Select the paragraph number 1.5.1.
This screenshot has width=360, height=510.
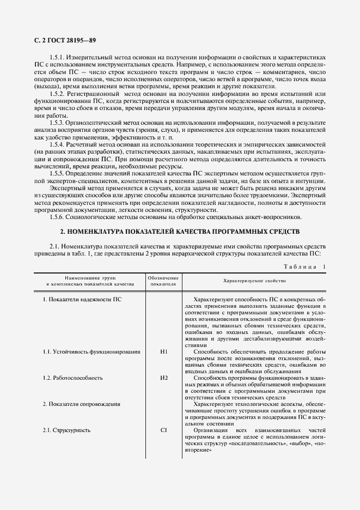click(58, 57)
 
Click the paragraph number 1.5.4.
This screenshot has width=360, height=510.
click(58, 144)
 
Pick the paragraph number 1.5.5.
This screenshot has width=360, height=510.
click(58, 172)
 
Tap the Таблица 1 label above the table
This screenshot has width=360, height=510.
click(304, 266)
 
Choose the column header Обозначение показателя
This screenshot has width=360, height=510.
click(164, 281)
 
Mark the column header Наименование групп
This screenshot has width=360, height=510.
click(90, 281)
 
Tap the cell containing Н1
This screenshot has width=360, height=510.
click(164, 351)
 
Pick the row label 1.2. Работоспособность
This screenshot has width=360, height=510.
click(72, 378)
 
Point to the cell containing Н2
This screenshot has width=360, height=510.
click(164, 378)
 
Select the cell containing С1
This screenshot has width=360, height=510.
click(164, 430)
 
